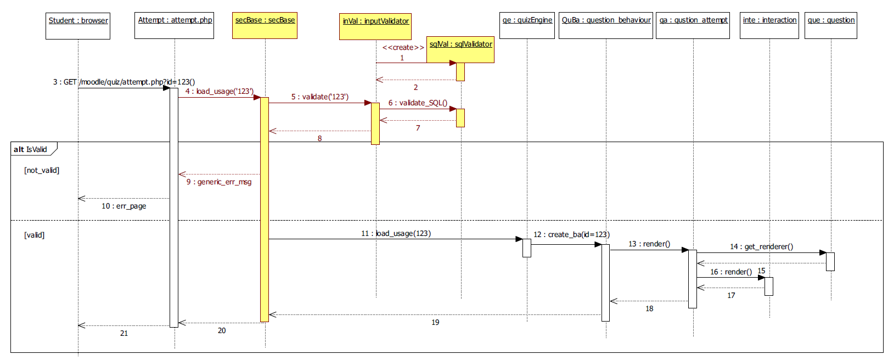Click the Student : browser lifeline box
[x=78, y=26]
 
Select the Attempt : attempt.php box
[x=175, y=26]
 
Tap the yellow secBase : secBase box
[x=265, y=26]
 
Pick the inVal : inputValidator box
[x=375, y=27]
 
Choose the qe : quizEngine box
[x=527, y=26]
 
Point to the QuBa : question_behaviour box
[x=606, y=26]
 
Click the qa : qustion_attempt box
[x=693, y=26]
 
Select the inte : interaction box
[x=769, y=26]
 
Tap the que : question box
[x=831, y=26]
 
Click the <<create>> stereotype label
[x=403, y=48]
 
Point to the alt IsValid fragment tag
[x=31, y=149]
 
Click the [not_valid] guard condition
[x=42, y=171]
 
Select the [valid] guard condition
[x=34, y=235]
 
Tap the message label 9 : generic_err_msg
[x=219, y=182]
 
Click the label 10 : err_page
[x=124, y=206]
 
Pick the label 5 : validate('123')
[x=320, y=97]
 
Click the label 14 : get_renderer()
[x=761, y=247]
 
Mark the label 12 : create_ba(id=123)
[x=571, y=235]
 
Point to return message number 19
[x=435, y=323]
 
